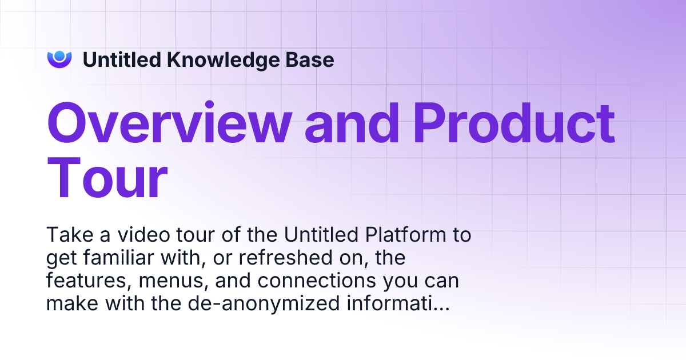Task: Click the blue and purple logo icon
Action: coord(59,59)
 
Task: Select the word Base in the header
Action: coord(313,59)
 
